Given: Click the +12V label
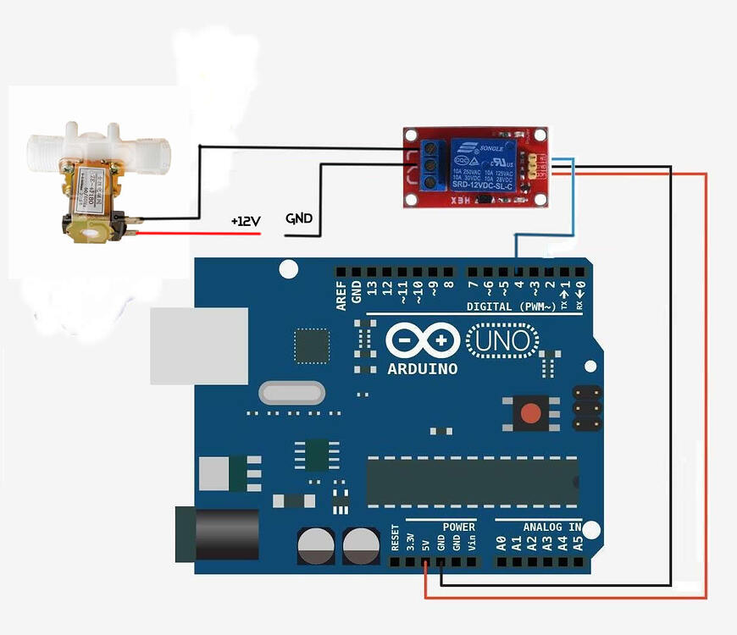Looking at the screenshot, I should tap(246, 221).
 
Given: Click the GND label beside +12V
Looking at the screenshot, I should tap(299, 218).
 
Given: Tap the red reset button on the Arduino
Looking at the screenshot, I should tap(530, 413).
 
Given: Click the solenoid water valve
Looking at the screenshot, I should tap(92, 182).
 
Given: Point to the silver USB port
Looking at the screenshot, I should tap(199, 345).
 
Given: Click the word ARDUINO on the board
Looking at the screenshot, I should tap(422, 369).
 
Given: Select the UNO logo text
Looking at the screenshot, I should tap(503, 341).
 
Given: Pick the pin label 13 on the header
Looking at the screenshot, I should tap(372, 289).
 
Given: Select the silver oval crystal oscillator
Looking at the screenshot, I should tap(291, 392).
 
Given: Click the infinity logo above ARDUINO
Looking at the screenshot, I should tap(422, 341).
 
